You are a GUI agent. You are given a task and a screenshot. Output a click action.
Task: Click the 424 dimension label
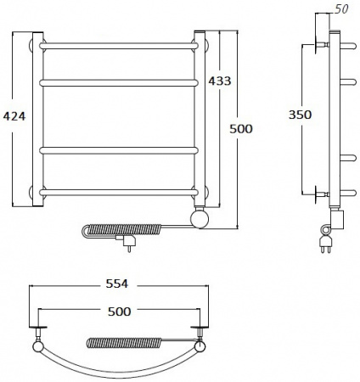click(x=14, y=116)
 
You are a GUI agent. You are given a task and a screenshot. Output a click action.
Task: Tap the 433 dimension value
click(x=220, y=81)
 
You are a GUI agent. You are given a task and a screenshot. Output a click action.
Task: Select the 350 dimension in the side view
click(x=300, y=115)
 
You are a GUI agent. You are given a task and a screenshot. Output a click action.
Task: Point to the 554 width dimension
click(x=117, y=284)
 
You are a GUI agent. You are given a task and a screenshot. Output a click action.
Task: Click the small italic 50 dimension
click(x=341, y=9)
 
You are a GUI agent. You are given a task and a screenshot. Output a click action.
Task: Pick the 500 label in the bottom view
click(x=120, y=312)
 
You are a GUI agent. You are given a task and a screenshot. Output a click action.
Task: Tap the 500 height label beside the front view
click(x=241, y=129)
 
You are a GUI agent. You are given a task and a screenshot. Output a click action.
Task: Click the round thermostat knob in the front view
click(x=200, y=218)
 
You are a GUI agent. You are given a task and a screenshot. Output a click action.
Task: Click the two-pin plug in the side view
click(x=326, y=244)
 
